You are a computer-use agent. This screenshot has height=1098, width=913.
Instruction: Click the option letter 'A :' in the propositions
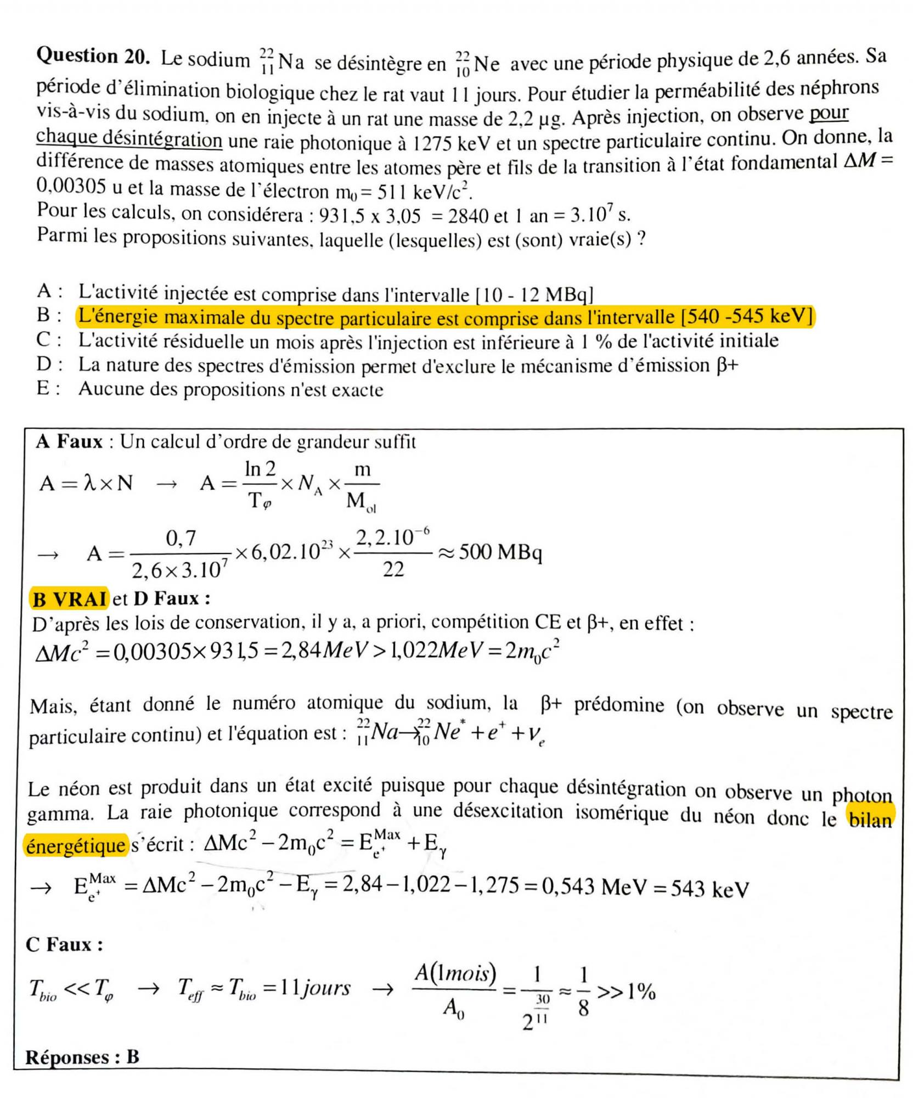point(49,291)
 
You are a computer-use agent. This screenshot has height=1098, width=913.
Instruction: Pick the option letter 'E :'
point(49,389)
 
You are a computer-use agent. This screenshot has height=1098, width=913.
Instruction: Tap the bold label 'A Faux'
point(70,441)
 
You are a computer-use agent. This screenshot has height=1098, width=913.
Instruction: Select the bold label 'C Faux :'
point(64,944)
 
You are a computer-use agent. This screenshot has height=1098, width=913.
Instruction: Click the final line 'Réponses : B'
point(82,1057)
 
